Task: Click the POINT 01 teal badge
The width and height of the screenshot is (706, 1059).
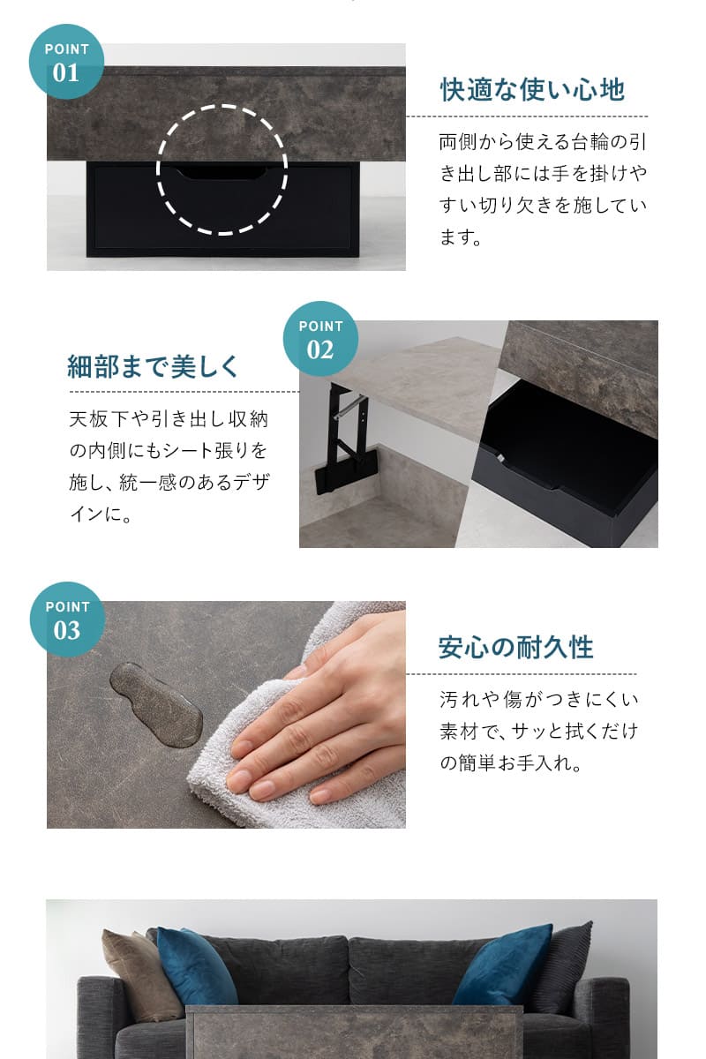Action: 66,62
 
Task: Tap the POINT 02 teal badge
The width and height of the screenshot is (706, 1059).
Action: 320,339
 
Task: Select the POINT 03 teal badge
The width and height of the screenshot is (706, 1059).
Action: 66,620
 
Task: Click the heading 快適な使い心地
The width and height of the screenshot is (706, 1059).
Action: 532,89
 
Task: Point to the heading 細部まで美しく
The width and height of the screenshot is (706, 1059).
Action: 154,366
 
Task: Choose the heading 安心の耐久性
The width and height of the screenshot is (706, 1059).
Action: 516,648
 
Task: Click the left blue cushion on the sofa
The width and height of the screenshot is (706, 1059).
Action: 196,967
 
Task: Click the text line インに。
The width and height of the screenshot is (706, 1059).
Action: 100,514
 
